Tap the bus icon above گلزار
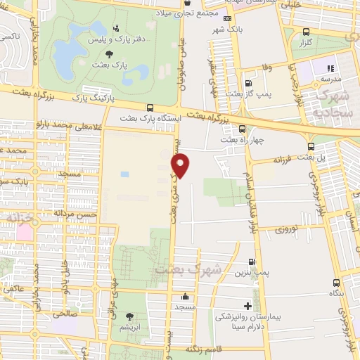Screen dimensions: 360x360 coord(305,32)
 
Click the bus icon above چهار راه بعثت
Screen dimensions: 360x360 coord(243,129)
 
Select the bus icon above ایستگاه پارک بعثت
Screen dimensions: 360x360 coord(150,108)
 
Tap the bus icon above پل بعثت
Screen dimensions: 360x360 coord(311,146)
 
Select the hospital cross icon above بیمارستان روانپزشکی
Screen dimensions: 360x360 coord(247,306)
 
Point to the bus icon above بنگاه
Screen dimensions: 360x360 coord(334,283)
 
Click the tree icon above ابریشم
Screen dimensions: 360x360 coord(129,316)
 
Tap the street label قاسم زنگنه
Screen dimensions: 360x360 coord(203,349)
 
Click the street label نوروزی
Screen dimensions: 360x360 coord(286,229)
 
